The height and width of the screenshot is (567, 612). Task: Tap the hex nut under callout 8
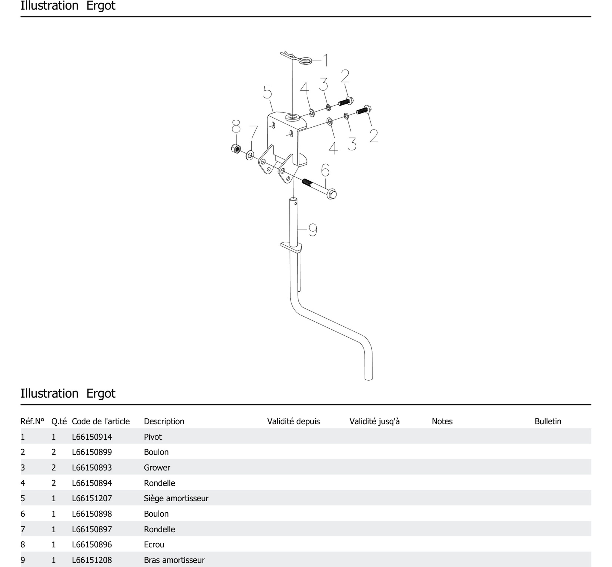pos(235,148)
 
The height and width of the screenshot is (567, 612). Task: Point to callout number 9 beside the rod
pos(313,230)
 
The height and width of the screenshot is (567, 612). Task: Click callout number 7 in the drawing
pos(253,132)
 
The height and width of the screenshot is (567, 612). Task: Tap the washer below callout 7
pos(250,155)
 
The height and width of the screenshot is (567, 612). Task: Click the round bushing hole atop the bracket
pos(292,117)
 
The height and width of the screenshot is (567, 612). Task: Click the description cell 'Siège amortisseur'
pos(176,498)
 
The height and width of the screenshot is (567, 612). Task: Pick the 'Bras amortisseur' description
pos(174,560)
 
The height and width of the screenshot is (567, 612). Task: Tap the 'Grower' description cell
pos(157,468)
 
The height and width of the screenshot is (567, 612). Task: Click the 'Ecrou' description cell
pos(154,545)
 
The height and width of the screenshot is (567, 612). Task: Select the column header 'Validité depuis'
pos(293,421)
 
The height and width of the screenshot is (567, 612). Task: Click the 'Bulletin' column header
pos(548,421)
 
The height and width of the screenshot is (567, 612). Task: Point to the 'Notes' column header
pos(442,421)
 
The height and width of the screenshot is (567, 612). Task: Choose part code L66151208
pos(92,560)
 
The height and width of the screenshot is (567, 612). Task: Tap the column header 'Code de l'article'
pos(101,421)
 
